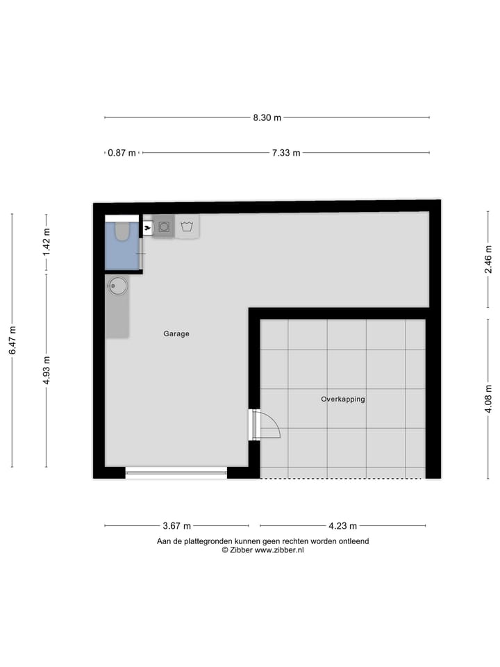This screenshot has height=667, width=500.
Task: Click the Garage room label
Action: (176, 333)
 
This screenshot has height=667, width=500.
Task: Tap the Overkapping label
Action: (343, 400)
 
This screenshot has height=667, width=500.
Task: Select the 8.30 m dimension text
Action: (267, 117)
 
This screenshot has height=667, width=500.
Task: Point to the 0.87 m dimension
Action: (122, 153)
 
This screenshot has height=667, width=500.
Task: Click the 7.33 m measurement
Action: (285, 153)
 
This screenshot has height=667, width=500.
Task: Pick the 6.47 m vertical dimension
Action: (12, 340)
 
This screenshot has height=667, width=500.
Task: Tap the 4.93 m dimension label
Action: (47, 370)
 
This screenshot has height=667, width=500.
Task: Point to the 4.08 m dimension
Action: (488, 399)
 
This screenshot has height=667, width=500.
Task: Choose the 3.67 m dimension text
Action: (177, 526)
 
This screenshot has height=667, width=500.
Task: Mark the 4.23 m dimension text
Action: (343, 526)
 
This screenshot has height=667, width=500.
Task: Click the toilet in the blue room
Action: (122, 231)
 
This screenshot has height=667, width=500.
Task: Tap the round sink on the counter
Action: (118, 285)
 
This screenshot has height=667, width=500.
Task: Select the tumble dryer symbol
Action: (165, 227)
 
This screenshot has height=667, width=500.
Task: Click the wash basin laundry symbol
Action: (187, 227)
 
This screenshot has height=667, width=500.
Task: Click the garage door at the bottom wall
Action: (176, 472)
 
